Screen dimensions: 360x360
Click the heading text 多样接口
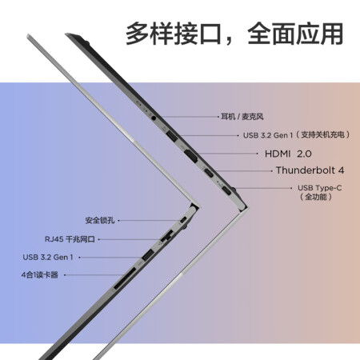(174, 34)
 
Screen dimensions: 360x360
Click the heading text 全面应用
(295, 34)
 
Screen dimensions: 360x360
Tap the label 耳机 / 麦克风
(242, 117)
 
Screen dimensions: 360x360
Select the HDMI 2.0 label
(288, 154)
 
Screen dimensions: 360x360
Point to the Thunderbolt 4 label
(310, 170)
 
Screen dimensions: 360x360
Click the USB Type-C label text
(319, 188)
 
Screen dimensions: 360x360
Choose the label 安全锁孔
(100, 220)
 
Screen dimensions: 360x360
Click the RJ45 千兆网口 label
(70, 239)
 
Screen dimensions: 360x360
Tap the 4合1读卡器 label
(40, 275)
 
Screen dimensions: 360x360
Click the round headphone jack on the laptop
(154, 117)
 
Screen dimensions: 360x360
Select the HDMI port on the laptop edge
(191, 156)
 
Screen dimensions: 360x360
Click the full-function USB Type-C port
(226, 190)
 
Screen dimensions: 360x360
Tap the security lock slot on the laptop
(183, 221)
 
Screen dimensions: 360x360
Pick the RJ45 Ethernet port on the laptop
(166, 237)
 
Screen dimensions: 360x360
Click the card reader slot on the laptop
(125, 278)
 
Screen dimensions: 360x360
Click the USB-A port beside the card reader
(147, 255)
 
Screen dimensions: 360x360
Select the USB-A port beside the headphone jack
(171, 135)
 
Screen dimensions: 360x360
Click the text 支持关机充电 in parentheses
(322, 135)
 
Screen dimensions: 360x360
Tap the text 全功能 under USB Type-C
(316, 197)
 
